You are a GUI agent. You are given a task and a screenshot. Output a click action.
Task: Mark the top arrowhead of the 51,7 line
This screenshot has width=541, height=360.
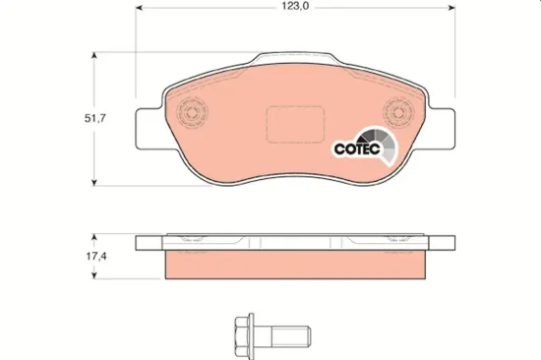[93, 55]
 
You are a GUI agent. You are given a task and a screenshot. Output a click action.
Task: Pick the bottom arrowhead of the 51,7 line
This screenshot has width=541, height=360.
[93, 181]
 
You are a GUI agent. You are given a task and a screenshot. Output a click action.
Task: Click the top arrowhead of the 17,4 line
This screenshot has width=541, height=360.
[93, 236]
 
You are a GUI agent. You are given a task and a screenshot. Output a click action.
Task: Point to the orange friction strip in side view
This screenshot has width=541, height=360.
[295, 266]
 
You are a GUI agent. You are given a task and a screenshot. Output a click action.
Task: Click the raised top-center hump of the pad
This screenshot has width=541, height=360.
[295, 61]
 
